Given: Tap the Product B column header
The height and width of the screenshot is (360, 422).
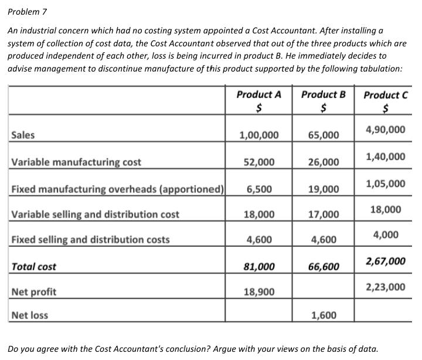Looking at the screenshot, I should tap(324, 94).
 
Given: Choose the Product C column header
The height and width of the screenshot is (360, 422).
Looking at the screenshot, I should tap(386, 96).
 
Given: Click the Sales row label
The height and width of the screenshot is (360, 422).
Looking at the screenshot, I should tap(23, 135).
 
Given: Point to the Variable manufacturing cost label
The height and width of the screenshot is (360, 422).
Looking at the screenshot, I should tap(76, 162).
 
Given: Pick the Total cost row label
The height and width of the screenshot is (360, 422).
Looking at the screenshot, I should tap(34, 267).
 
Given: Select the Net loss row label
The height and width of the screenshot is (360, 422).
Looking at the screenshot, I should tap(30, 315).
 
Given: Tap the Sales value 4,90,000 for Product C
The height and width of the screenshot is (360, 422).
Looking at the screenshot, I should tap(385, 129).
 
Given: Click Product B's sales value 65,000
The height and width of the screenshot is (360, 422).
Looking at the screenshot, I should tap(324, 135).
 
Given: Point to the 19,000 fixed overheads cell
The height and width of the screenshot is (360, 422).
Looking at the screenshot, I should tap(324, 189).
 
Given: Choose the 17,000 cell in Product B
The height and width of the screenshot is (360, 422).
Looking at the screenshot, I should tap(324, 215).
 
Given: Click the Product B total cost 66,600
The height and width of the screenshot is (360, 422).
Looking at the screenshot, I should tap(324, 267).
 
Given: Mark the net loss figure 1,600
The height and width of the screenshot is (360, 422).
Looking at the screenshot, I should tap(324, 315).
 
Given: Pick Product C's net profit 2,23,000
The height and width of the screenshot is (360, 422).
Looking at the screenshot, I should tap(385, 287).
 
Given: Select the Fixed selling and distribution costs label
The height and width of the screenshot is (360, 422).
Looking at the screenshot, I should tap(90, 239).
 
